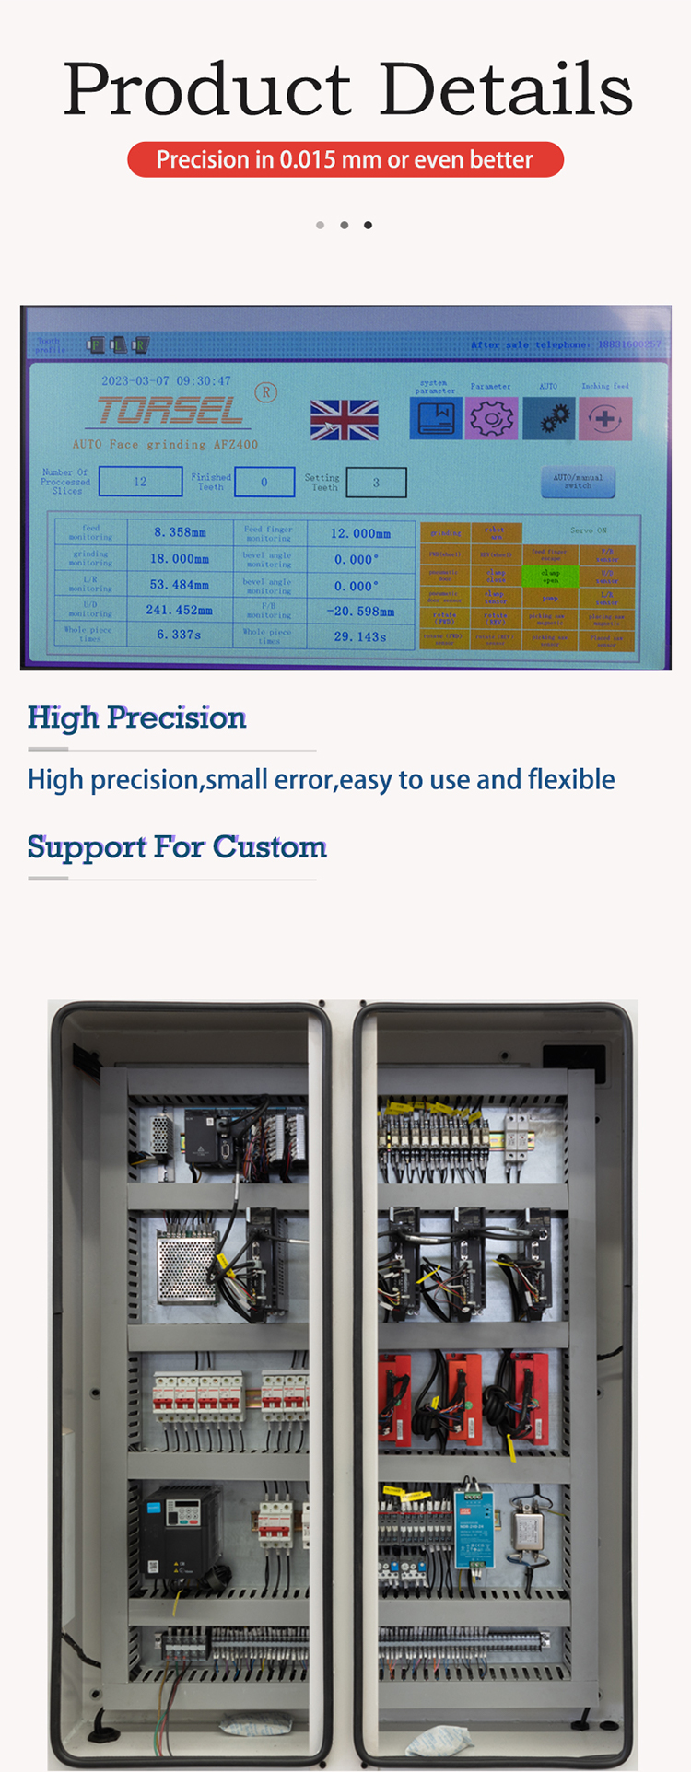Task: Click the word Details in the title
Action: point(505,90)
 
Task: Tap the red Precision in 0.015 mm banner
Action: point(345,159)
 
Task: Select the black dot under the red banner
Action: point(368,225)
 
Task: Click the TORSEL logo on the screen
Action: point(170,411)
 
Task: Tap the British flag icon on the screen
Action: point(344,420)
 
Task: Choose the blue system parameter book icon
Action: point(435,418)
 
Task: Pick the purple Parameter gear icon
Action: point(491,418)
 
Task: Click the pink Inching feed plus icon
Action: point(605,419)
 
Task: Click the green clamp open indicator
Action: point(550,576)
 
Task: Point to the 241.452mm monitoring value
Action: point(179,610)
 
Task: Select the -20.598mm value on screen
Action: point(359,611)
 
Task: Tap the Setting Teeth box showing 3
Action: point(376,482)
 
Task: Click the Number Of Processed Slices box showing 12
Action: point(140,481)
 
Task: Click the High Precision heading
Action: point(136,717)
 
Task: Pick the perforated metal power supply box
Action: point(187,1267)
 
